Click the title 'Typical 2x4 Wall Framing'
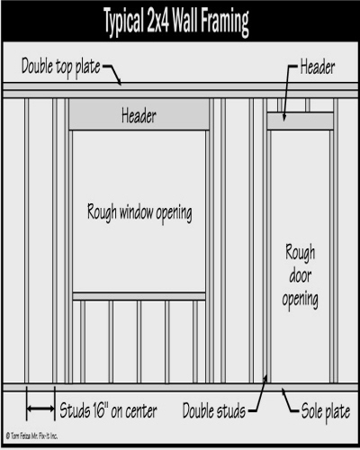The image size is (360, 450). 176,21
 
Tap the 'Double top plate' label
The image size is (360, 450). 61,67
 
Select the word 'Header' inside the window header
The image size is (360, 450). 139,116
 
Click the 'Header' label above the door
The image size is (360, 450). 318,67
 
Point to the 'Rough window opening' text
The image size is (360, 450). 139,212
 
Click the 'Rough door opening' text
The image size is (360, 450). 300,276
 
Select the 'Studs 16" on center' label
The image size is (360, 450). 108,410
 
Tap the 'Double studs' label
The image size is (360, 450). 214,410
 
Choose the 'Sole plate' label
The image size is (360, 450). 326,411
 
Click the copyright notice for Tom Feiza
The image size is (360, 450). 31,436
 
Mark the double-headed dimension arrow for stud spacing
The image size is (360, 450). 40,409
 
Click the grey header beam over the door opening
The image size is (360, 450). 300,121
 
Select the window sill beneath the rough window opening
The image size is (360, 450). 139,296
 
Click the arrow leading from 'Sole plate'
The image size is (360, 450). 289,400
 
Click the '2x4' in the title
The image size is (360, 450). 158,21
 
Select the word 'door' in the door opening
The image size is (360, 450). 301,275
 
